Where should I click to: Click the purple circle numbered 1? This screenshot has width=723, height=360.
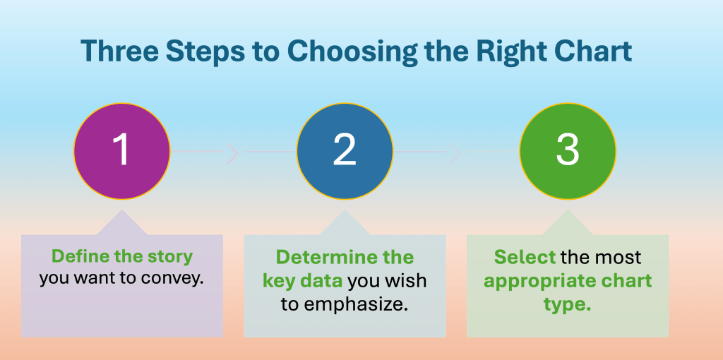[x=121, y=151]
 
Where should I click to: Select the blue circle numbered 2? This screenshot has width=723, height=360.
[x=345, y=151]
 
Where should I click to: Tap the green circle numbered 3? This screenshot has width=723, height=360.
[x=568, y=151]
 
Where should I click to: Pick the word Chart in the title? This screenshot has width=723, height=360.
[x=594, y=51]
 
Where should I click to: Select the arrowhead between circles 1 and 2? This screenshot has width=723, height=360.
[x=233, y=152]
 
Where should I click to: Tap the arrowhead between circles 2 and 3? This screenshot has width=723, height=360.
[x=455, y=152]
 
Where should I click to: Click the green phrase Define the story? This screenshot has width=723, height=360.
[x=121, y=257]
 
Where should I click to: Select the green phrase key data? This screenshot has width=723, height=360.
[x=302, y=281]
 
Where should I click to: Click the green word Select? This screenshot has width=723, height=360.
[x=525, y=257]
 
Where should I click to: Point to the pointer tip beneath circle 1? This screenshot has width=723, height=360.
[x=121, y=210]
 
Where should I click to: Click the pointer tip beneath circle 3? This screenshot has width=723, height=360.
[x=568, y=210]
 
